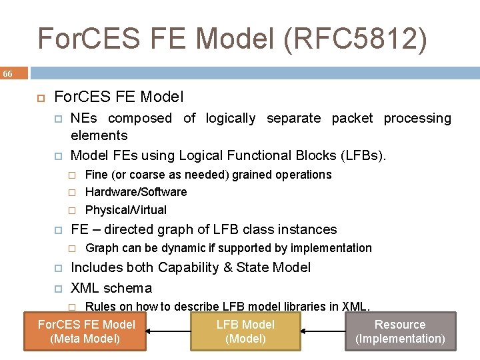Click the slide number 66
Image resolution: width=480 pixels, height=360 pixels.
(7, 73)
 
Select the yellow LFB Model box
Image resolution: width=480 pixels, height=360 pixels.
(245, 331)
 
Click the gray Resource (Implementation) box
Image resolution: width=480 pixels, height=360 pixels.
(400, 331)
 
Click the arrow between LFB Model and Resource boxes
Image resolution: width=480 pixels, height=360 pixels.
(323, 331)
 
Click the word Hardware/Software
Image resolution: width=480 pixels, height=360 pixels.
(136, 192)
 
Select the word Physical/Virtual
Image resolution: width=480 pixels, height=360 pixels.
(126, 210)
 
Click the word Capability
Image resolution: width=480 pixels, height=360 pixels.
(188, 268)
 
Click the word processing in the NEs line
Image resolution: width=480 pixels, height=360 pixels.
(417, 119)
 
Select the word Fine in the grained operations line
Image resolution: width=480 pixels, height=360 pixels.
(96, 175)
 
